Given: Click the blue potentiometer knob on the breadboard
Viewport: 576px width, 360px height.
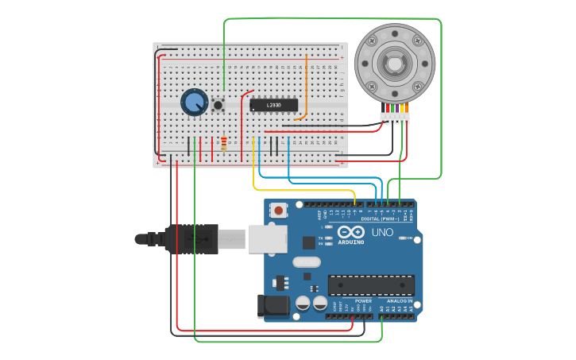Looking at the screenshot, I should click(x=194, y=102).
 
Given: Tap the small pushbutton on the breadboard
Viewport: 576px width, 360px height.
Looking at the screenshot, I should click(x=218, y=104).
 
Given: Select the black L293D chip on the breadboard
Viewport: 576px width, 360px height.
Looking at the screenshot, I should click(x=274, y=105).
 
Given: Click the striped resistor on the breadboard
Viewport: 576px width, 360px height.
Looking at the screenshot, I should click(x=224, y=143).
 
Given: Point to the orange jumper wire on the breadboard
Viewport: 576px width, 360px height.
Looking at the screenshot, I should click(x=306, y=87).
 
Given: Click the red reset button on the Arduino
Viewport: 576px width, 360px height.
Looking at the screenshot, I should click(x=279, y=211).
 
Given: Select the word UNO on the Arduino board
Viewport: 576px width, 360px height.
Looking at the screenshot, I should click(x=383, y=232).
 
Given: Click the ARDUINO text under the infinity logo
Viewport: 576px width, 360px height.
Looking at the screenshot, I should click(x=350, y=242).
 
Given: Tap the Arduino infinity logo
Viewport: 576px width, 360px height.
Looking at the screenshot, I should click(x=350, y=232).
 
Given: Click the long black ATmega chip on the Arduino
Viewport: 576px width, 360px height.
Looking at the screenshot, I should click(x=371, y=285).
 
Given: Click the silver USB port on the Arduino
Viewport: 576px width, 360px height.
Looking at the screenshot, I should click(x=267, y=238).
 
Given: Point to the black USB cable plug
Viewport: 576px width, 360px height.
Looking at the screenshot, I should click(x=191, y=238).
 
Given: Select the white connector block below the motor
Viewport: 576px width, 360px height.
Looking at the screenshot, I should click(x=395, y=118).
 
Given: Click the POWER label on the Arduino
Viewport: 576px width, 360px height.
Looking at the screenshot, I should click(x=363, y=301).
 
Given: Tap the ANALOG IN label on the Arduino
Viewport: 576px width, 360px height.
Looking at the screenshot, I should click(x=399, y=301).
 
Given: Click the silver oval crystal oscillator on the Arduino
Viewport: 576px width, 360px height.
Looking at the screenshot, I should click(x=306, y=262).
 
